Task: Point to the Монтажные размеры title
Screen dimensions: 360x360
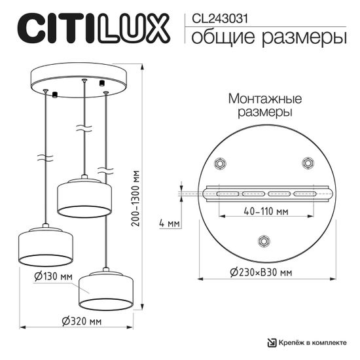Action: [264, 105]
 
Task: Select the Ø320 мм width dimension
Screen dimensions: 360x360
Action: [82, 321]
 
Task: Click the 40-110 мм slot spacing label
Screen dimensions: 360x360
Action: [264, 213]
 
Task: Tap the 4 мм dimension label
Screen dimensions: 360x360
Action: [169, 224]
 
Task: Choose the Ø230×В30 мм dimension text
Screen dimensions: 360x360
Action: [260, 273]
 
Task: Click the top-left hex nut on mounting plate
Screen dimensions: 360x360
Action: [221, 162]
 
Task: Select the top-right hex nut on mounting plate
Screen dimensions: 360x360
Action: [307, 162]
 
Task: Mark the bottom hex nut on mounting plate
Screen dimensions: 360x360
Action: [264, 240]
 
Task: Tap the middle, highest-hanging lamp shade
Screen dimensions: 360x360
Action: [83, 196]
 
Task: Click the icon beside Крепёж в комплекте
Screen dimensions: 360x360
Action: [272, 344]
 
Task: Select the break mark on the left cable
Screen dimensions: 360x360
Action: [44, 158]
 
